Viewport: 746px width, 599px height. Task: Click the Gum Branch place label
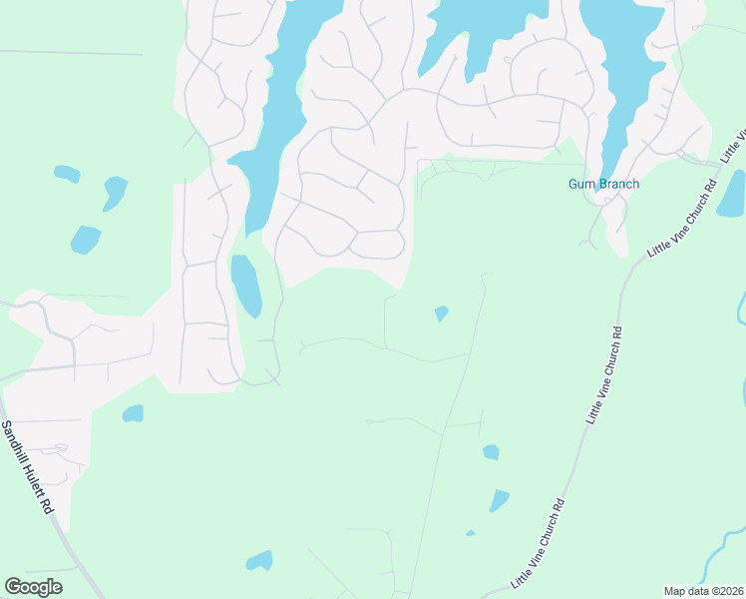[x=603, y=184]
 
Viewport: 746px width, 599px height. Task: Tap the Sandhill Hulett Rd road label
[x=27, y=466]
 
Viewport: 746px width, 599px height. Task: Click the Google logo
[x=33, y=586]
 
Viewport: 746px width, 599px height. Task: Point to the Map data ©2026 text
[x=702, y=591]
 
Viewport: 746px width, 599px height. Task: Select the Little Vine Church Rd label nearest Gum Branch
[x=682, y=221]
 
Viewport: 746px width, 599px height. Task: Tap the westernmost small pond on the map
[x=67, y=174]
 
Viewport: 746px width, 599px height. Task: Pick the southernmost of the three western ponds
[x=85, y=240]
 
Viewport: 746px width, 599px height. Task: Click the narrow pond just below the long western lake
[x=245, y=285]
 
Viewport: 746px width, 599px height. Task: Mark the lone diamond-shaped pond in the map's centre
[x=441, y=313]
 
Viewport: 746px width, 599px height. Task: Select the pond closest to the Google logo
[x=259, y=560]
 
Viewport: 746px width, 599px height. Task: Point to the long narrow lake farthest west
[x=271, y=120]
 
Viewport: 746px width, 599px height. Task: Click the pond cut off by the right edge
[x=732, y=194]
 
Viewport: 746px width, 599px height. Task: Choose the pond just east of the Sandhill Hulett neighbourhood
[x=133, y=412]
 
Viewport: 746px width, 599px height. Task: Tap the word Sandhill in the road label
[x=17, y=442]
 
